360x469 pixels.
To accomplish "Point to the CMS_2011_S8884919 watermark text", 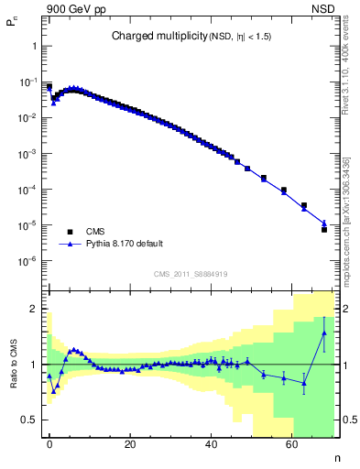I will coord(190,273).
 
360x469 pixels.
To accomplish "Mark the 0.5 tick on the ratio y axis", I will coord(29,420).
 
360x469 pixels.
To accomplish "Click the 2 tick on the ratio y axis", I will coord(33,309).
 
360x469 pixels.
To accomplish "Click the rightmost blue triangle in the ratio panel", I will coord(323,333).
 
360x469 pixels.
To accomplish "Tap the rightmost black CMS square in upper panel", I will coord(323,230).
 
